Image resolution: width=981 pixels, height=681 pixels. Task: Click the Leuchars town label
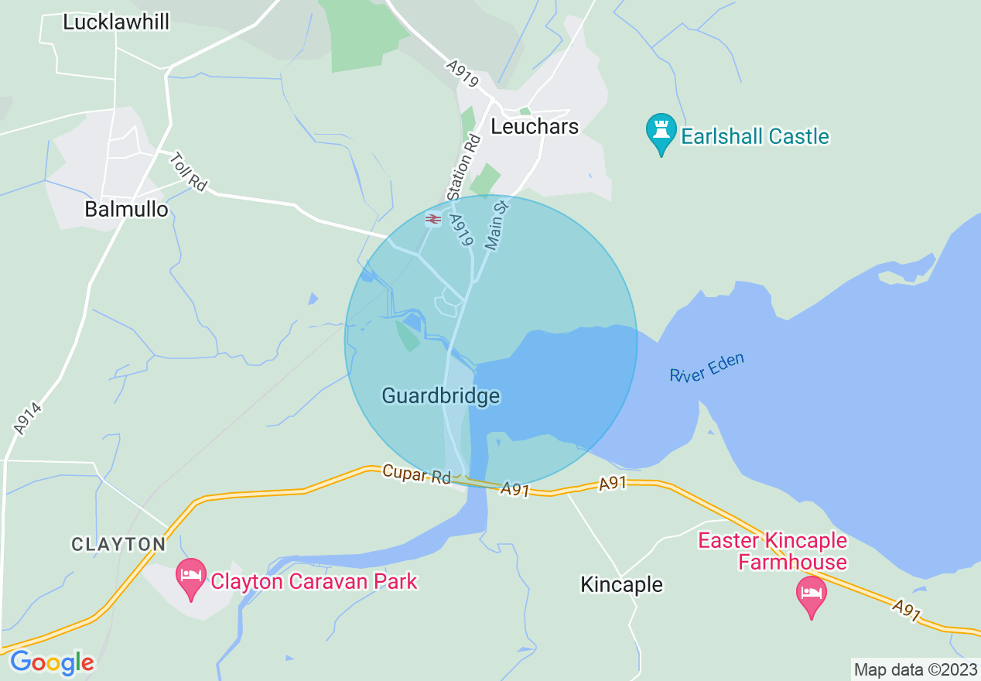pyautogui.click(x=535, y=126)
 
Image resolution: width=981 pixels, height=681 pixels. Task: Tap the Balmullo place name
pyautogui.click(x=126, y=209)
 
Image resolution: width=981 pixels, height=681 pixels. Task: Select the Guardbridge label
pyautogui.click(x=441, y=396)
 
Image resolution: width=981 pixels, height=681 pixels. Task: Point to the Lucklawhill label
pyautogui.click(x=116, y=22)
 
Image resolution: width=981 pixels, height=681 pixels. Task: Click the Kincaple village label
pyautogui.click(x=621, y=584)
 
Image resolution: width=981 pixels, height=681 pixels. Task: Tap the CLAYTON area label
pyautogui.click(x=118, y=545)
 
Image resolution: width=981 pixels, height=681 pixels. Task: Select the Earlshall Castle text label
pyautogui.click(x=755, y=137)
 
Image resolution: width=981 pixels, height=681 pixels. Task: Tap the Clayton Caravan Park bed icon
pyautogui.click(x=191, y=577)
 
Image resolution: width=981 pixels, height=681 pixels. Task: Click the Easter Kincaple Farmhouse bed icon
pyautogui.click(x=811, y=594)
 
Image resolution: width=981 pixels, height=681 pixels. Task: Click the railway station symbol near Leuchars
pyautogui.click(x=432, y=220)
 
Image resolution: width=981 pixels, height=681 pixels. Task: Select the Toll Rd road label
pyautogui.click(x=189, y=171)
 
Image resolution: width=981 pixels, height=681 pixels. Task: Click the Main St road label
pyautogui.click(x=495, y=224)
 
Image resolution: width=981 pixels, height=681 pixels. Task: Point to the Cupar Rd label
pyautogui.click(x=416, y=474)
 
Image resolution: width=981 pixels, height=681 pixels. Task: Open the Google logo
pyautogui.click(x=52, y=662)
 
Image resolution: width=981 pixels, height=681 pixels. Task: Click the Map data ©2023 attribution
pyautogui.click(x=915, y=669)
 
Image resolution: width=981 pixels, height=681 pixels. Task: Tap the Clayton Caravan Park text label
pyautogui.click(x=314, y=581)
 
